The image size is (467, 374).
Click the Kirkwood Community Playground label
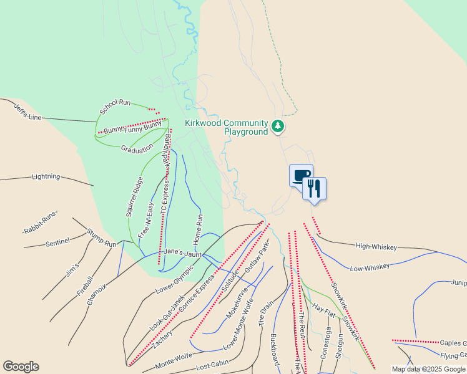click(226, 127)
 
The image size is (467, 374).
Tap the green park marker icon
click(278, 127)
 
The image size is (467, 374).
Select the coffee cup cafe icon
click(301, 175)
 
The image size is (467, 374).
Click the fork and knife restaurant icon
click(314, 188)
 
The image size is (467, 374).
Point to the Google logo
click(21, 367)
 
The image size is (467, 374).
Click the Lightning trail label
click(46, 177)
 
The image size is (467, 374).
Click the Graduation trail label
click(137, 149)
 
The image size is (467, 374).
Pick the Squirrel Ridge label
click(135, 196)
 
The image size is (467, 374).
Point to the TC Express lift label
click(165, 197)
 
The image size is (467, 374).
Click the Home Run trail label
click(199, 229)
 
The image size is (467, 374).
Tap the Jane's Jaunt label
click(183, 253)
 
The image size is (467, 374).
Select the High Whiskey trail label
click(376, 247)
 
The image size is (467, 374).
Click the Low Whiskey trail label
click(370, 267)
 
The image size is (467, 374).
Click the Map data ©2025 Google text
click(428, 369)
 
